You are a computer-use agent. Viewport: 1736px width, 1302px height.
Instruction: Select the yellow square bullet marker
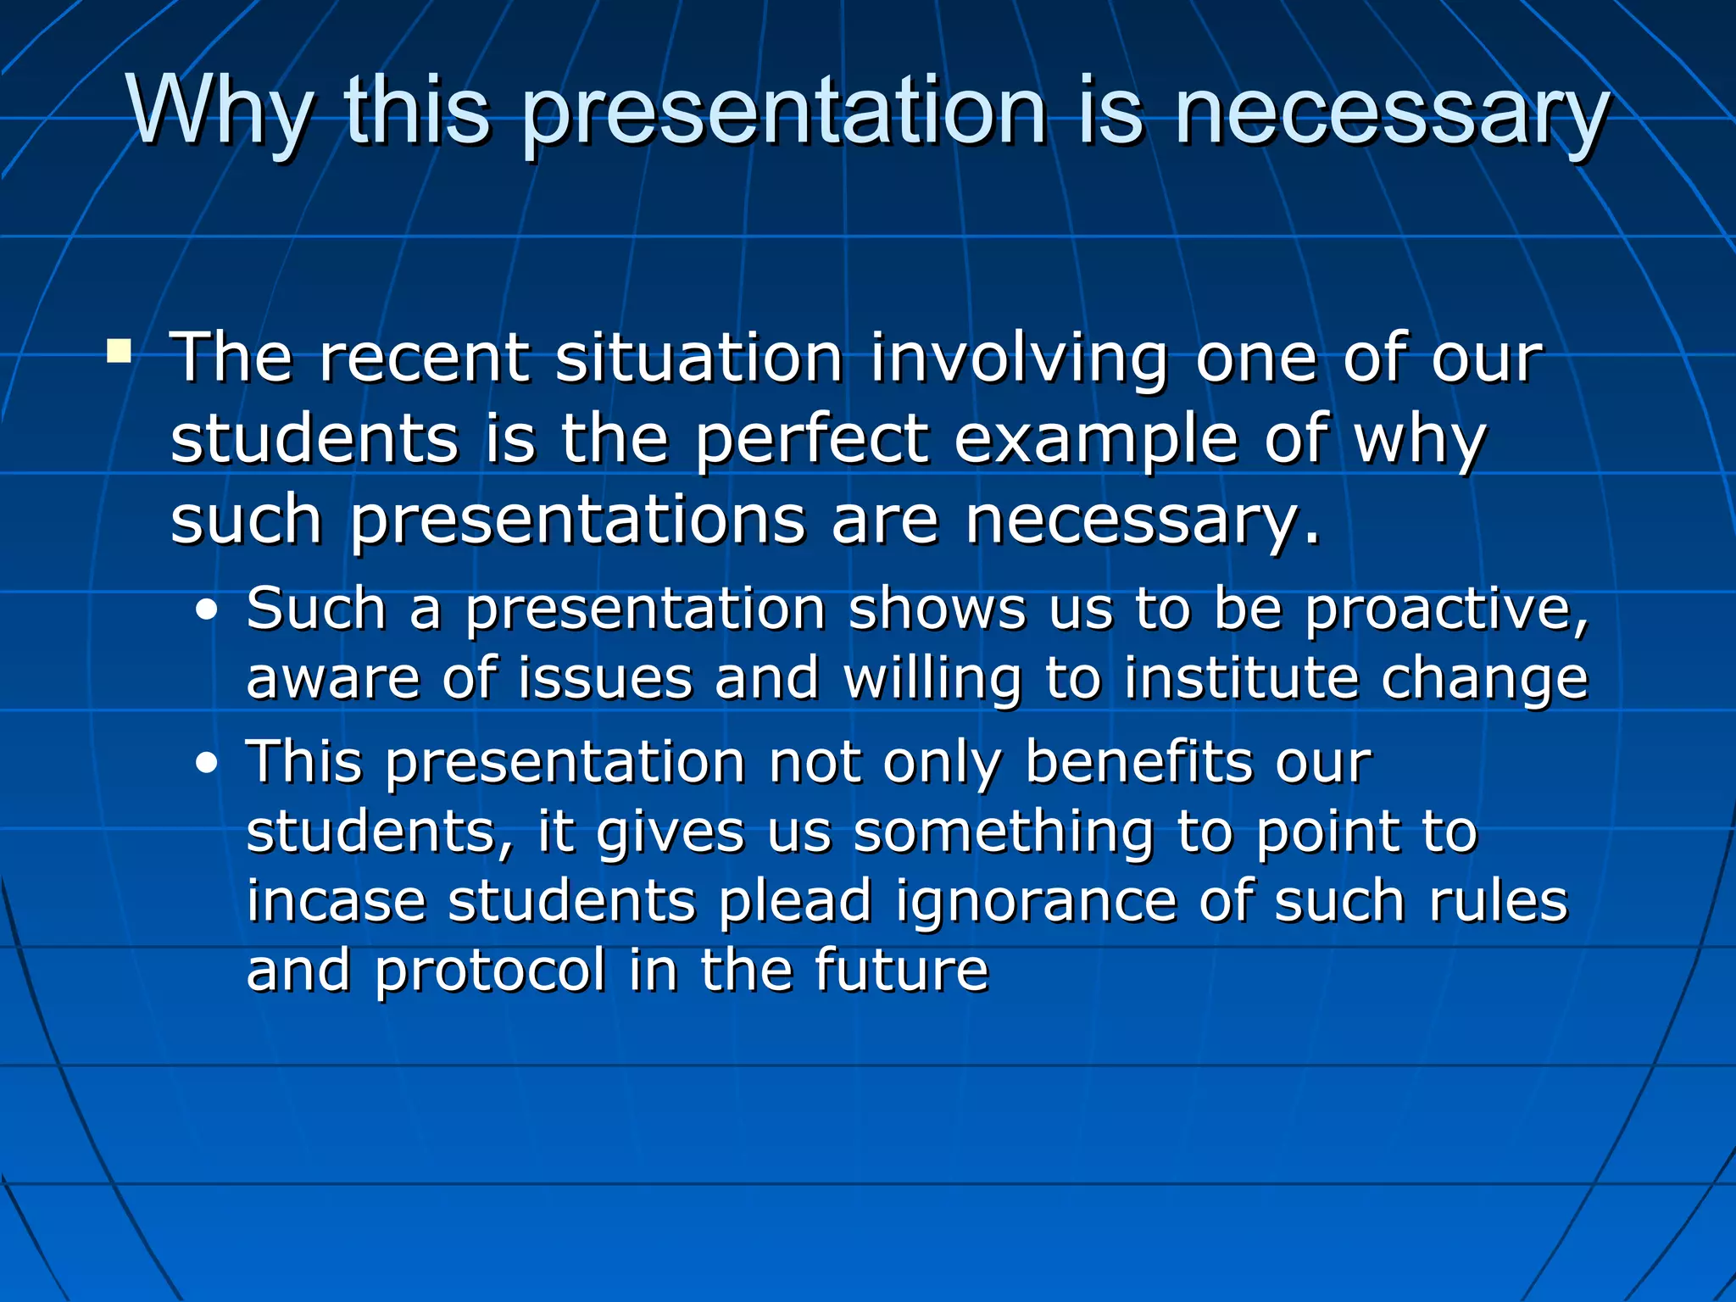pos(120,351)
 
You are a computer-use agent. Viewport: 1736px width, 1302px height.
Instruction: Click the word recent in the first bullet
pos(423,358)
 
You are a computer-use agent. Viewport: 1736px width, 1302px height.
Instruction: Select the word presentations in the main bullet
pos(576,521)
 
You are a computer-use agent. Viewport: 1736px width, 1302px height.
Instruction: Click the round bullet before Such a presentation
pos(206,610)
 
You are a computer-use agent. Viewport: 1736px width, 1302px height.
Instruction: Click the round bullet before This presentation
pos(206,764)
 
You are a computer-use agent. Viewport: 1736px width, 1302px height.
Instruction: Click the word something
pos(1003,833)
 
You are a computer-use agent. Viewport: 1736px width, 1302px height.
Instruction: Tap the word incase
pos(336,901)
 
